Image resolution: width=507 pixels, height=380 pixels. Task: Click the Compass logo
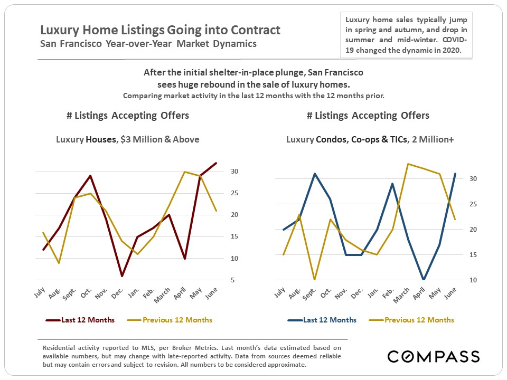pyautogui.click(x=434, y=356)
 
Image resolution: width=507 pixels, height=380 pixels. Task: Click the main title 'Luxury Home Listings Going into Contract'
pyautogui.click(x=161, y=30)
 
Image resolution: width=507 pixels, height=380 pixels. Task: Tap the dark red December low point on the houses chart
pyautogui.click(x=122, y=276)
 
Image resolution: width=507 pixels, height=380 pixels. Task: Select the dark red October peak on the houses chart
pyautogui.click(x=91, y=176)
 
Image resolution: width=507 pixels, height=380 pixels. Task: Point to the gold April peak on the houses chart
pyautogui.click(x=184, y=172)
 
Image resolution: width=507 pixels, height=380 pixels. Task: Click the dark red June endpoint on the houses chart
pyautogui.click(x=216, y=163)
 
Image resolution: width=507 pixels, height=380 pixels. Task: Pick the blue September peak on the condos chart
pyautogui.click(x=315, y=174)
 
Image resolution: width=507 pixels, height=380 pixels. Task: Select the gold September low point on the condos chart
pyautogui.click(x=315, y=280)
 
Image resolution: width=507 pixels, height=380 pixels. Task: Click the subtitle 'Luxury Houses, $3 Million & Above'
pyautogui.click(x=128, y=140)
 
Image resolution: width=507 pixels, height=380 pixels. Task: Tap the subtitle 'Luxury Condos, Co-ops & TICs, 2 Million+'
pyautogui.click(x=370, y=140)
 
